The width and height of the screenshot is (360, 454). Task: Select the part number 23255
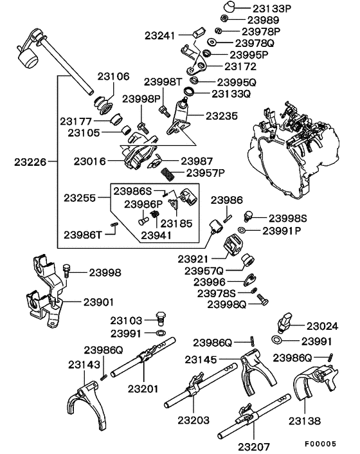[x=82, y=197]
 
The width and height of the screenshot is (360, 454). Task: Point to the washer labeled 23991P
[x=241, y=230]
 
